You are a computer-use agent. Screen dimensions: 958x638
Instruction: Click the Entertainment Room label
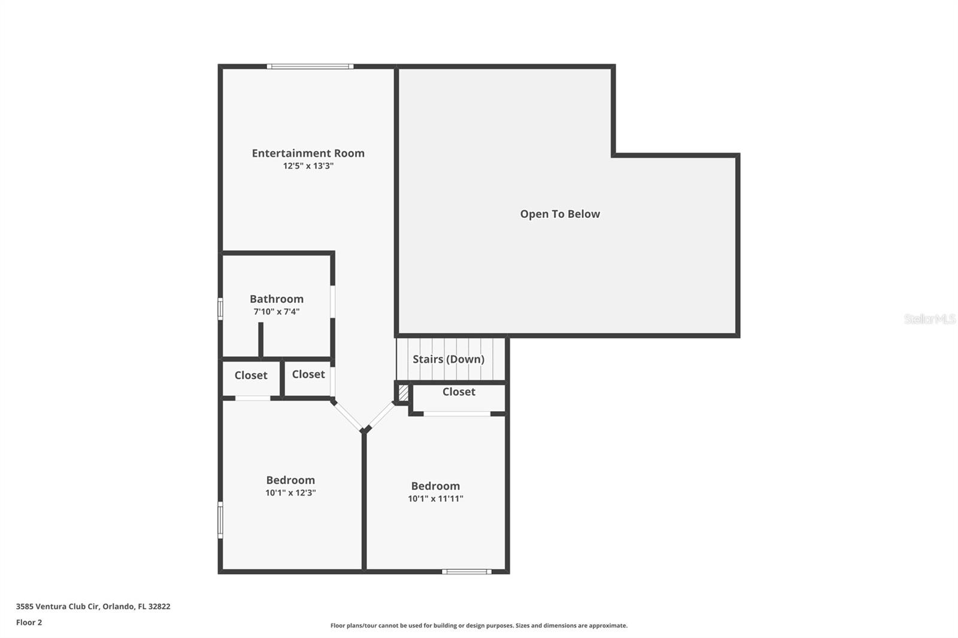coord(308,153)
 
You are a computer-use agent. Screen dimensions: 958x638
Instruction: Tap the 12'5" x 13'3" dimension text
coord(308,166)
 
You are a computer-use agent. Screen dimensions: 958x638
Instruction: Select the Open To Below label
coord(560,214)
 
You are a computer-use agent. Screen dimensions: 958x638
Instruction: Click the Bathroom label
coord(277,299)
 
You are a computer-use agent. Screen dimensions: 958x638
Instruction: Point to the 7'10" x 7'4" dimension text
coord(277,312)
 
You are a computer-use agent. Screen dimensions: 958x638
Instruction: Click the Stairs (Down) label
coord(448,359)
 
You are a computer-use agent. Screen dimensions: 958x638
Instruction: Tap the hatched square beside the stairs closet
coord(404,393)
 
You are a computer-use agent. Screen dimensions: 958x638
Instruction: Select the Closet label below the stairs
coord(459,391)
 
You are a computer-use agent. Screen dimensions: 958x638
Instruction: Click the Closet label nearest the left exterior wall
coord(251,375)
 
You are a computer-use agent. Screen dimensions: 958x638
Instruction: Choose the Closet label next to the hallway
coord(308,374)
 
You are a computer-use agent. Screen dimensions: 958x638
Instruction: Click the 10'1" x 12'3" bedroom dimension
coord(290,493)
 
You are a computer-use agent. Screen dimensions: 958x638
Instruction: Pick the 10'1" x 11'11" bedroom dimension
coord(435,499)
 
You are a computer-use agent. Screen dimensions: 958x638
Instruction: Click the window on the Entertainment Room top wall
coord(310,66)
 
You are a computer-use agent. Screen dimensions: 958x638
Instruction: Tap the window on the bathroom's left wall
coord(220,309)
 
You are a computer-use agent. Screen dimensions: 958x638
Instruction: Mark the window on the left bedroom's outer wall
coord(220,520)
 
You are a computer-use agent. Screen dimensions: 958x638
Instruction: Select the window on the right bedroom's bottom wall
coord(466,572)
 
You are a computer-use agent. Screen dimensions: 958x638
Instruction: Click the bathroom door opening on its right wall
coord(333,302)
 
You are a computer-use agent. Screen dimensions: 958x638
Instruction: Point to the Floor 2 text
coord(29,622)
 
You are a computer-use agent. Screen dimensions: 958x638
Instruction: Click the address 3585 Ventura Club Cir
coord(57,606)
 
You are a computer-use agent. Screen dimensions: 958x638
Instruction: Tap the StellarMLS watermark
coord(930,319)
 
